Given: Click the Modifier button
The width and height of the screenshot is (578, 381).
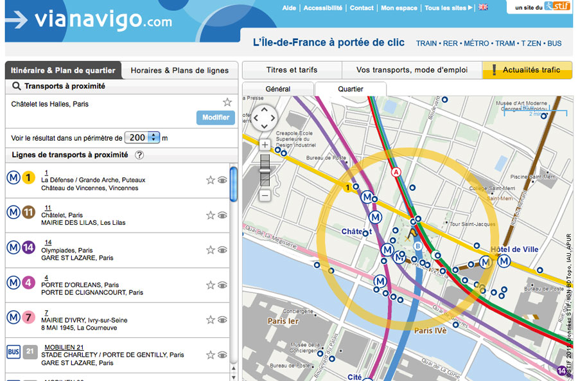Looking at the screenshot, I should (215, 118).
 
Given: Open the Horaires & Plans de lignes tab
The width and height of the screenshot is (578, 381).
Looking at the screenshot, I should (180, 71).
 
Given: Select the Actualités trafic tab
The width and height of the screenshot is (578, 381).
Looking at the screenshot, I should (527, 70).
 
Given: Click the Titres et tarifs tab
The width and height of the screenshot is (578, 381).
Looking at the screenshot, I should (292, 70).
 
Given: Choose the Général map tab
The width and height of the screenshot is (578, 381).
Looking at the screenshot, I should (278, 89).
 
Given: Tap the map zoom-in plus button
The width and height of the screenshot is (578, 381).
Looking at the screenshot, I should (265, 145).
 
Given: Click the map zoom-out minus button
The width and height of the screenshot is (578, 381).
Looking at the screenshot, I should (265, 195).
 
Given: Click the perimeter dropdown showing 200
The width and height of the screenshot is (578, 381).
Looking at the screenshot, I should (142, 137).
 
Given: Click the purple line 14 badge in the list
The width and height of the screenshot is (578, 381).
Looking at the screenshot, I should (28, 247).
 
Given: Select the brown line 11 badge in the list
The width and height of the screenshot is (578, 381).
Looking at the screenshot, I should (28, 212).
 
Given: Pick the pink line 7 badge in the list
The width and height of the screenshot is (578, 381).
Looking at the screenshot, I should (28, 317).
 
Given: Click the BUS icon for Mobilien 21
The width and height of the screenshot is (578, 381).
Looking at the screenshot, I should (13, 351).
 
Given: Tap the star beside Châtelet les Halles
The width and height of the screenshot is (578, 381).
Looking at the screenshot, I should (227, 102).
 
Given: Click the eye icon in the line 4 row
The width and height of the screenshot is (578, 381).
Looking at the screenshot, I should (222, 285).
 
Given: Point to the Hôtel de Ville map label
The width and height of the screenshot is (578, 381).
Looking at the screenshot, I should (514, 249).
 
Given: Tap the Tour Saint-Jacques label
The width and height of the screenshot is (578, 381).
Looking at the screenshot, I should (473, 224).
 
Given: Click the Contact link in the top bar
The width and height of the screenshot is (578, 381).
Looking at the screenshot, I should (362, 8).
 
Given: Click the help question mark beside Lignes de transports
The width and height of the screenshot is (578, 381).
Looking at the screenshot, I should (139, 155).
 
